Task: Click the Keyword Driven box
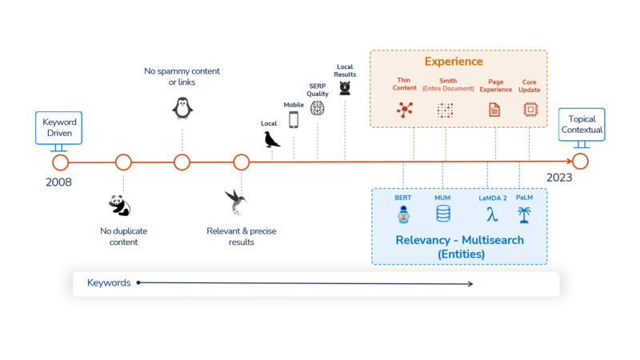[x=60, y=126]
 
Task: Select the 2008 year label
[x=59, y=182]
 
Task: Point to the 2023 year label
[x=559, y=178]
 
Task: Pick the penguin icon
[x=182, y=107]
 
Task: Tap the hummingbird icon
[x=236, y=201]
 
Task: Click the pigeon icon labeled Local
[x=272, y=139]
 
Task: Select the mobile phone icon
[x=294, y=119]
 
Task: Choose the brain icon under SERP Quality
[x=318, y=108]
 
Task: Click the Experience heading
[x=454, y=62]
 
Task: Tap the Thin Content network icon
[x=405, y=110]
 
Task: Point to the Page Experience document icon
[x=494, y=110]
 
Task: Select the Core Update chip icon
[x=530, y=110]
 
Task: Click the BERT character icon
[x=403, y=214]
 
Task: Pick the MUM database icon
[x=442, y=214]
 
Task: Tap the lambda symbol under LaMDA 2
[x=491, y=214]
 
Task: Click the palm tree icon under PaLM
[x=525, y=214]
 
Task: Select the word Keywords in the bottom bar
[x=109, y=282]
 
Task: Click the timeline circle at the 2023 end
[x=580, y=162]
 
